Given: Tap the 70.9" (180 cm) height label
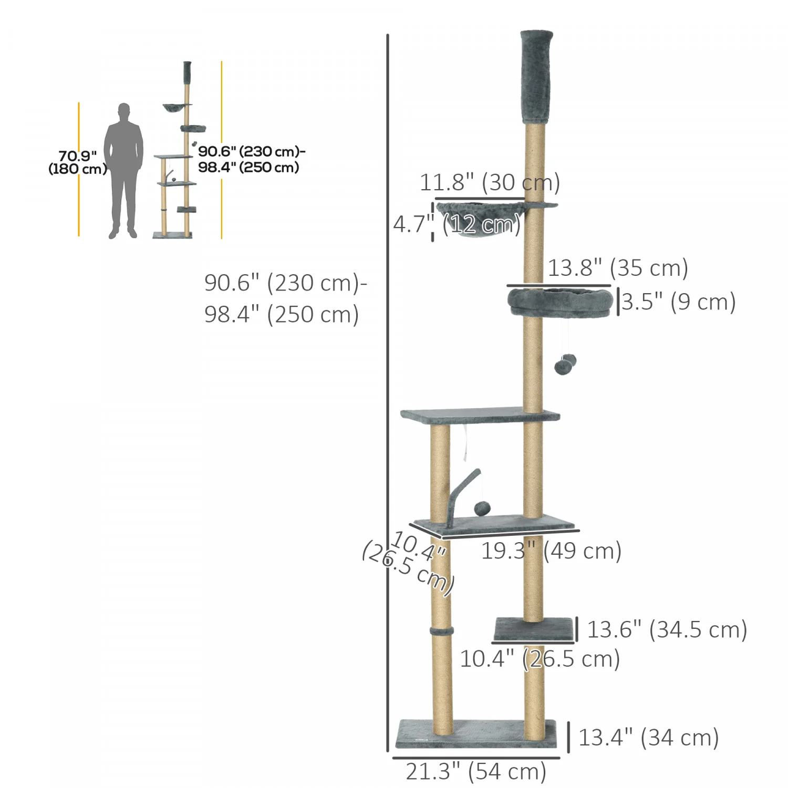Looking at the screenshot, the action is (78, 162).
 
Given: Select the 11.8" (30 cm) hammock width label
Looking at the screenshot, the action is (490, 182).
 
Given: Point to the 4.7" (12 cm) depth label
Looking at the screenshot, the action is (457, 224).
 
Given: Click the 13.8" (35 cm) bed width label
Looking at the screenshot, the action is (618, 268).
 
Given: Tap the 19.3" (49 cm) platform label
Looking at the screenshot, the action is (552, 551).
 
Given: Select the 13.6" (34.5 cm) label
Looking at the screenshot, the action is (667, 629).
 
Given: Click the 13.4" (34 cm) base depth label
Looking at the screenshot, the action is (649, 738).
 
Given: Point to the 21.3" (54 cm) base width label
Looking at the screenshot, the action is (476, 772).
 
